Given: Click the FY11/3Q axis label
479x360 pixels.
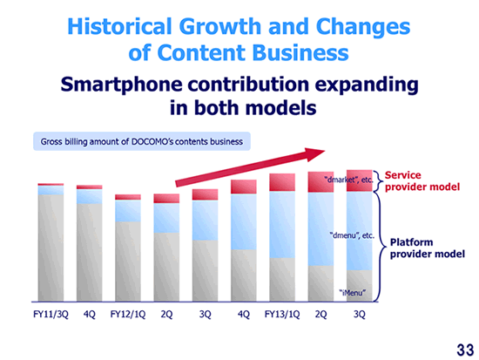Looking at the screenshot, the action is [51, 315].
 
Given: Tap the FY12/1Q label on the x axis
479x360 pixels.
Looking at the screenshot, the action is [128, 315].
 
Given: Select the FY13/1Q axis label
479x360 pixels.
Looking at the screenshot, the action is [282, 315].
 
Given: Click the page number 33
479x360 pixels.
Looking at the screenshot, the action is [465, 350].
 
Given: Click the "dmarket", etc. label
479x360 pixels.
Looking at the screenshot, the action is [348, 180].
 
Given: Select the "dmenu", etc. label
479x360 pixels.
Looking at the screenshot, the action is [352, 235].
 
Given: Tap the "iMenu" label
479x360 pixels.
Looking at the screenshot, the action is [352, 293].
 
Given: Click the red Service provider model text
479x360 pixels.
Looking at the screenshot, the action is [422, 181].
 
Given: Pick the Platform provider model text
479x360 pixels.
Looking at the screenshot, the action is [428, 248].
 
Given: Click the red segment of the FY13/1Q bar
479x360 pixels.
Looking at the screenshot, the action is [282, 182].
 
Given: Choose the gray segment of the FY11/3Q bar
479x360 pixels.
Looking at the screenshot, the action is [51, 248].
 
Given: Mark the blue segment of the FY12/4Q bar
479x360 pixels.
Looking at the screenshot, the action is [244, 221].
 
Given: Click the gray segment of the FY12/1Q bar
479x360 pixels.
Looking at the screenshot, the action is [128, 262].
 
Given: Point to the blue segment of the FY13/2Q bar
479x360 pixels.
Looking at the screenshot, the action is [320, 228].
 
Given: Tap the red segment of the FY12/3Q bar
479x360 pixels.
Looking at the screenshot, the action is [205, 194].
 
